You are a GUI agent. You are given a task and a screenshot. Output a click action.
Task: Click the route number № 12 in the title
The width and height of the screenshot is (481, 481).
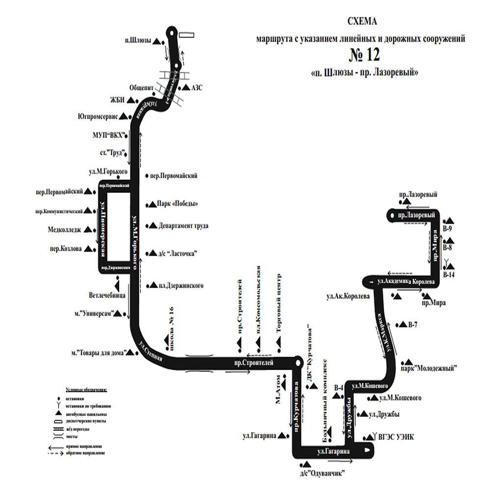click(364, 54)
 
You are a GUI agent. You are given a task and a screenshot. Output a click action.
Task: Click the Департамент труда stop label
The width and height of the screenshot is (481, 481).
click(184, 226)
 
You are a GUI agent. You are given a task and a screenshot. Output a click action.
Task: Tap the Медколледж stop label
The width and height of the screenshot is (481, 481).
click(65, 229)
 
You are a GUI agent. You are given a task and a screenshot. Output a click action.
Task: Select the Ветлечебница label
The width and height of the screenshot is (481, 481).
click(107, 296)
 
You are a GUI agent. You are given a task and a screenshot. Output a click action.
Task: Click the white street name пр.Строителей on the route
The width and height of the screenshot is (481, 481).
click(253, 362)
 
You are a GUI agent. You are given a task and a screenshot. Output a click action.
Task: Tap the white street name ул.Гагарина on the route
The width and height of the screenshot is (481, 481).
click(333, 450)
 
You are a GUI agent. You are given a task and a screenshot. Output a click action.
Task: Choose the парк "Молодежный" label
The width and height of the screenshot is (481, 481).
click(429, 368)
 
